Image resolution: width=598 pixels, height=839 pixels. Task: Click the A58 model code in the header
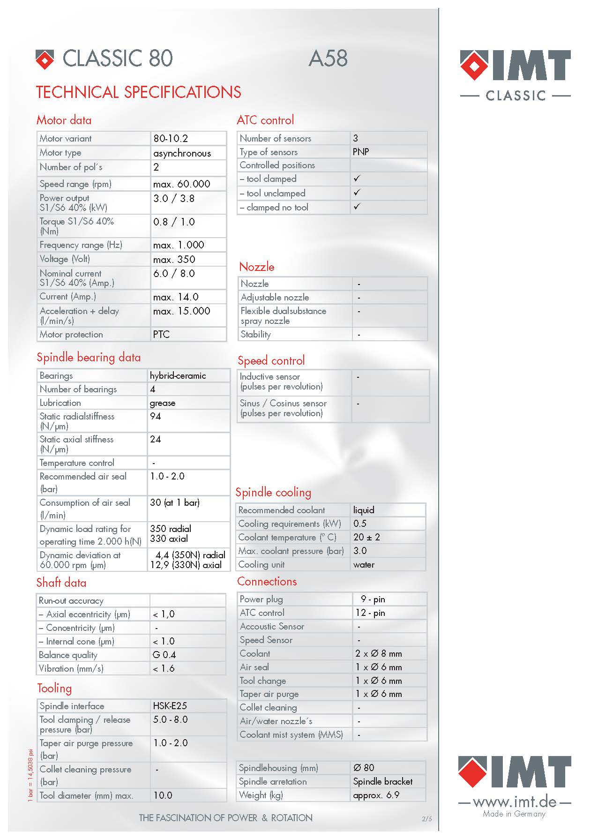[328, 59]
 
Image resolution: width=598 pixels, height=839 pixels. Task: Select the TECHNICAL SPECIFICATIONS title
[139, 92]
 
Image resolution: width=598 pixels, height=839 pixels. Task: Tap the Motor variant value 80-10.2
[171, 139]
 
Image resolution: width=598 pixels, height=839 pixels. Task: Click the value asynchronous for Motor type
[182, 153]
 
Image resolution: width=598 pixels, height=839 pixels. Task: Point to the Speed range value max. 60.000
[181, 184]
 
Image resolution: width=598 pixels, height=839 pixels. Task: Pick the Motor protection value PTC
[161, 335]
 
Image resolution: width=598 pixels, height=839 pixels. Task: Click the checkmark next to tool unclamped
[357, 193]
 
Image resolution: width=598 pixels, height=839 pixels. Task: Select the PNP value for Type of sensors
[361, 152]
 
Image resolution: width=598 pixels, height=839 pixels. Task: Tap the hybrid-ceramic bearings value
[178, 376]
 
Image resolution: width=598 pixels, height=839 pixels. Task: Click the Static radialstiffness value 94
[156, 416]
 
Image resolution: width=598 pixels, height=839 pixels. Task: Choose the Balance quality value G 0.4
[164, 655]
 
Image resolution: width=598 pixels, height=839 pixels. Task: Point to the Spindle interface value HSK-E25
[170, 706]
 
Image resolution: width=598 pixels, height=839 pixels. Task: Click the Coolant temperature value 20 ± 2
[366, 537]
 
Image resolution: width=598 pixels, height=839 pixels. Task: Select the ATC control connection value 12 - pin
[370, 613]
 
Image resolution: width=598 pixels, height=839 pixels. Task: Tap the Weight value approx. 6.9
[376, 795]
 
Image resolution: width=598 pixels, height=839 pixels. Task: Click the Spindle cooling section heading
[273, 492]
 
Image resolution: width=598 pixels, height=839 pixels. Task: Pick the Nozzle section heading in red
[256, 267]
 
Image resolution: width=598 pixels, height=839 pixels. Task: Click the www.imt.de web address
[515, 802]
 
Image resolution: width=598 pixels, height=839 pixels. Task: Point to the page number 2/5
[427, 819]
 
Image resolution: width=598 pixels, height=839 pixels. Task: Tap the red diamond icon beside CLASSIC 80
[45, 59]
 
